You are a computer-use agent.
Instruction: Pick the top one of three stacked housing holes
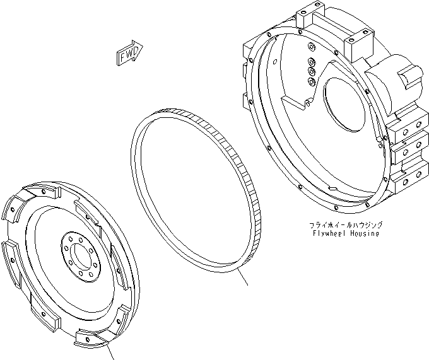point(311,61)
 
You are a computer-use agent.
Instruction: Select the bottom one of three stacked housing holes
point(311,81)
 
